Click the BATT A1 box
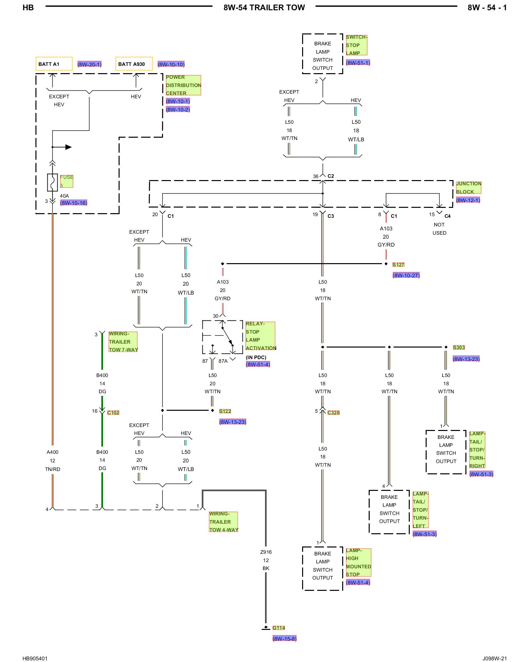[x=54, y=64]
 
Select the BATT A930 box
[x=134, y=64]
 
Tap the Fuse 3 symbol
[x=52, y=182]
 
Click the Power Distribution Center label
[x=183, y=85]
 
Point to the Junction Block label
[x=468, y=188]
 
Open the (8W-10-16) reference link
[x=74, y=203]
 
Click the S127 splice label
[x=398, y=264]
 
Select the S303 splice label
[x=459, y=347]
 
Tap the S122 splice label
[x=225, y=411]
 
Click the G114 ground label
[x=279, y=628]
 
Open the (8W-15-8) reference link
[x=285, y=638]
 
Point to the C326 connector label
[x=334, y=412]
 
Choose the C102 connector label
[x=113, y=412]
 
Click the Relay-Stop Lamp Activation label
[x=260, y=336]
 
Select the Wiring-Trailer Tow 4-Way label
[x=224, y=522]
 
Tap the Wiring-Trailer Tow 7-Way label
[x=123, y=342]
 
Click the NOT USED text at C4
[x=439, y=229]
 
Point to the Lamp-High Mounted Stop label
[x=358, y=562]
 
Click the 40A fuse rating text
[x=64, y=196]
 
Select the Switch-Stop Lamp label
[x=356, y=45]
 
